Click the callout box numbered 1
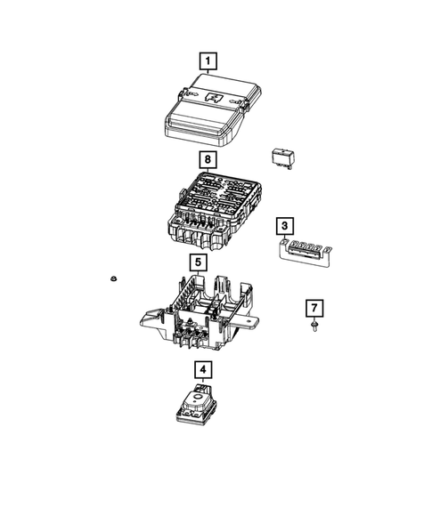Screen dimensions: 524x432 (207, 61)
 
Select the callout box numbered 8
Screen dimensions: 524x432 (207, 160)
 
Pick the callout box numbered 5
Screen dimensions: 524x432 (198, 262)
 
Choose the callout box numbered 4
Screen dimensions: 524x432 (203, 369)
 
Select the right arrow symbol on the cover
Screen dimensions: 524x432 (239, 105)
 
